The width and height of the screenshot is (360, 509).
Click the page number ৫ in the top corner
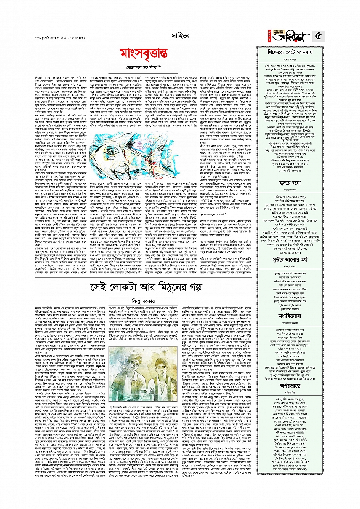point(318,37)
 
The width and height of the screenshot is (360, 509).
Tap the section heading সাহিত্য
point(180,36)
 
